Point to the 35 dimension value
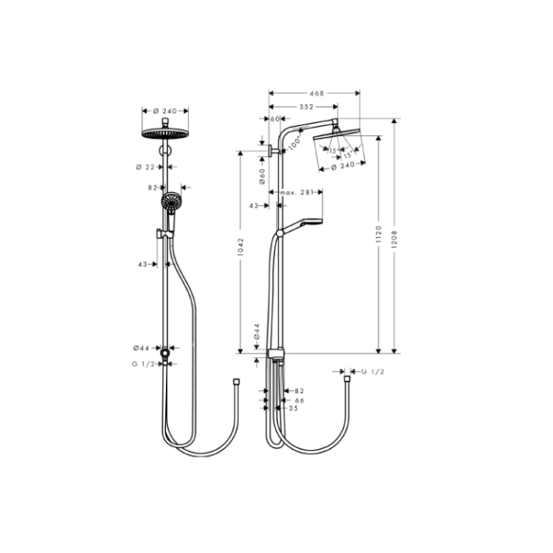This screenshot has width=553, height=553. tap(293, 409)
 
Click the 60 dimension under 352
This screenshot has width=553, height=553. tap(275, 119)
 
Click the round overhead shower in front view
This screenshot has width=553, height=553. tap(165, 134)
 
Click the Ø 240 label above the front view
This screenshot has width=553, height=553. tap(164, 111)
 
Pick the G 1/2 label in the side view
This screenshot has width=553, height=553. tap(372, 372)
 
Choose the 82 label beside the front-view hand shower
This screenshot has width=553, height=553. tap(152, 187)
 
